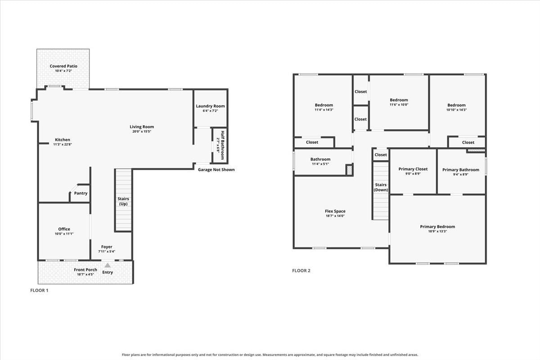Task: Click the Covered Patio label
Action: coord(63,66)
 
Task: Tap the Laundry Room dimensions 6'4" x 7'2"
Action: coord(210,111)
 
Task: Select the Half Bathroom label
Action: coord(222,145)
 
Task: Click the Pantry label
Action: coord(81,193)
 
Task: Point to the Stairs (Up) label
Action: coord(123,201)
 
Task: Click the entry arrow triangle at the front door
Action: coord(108,265)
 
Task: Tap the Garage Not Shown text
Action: coord(216,170)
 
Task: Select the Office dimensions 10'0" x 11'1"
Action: coord(64,234)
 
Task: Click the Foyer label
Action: coord(107,247)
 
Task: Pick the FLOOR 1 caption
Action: coord(39,290)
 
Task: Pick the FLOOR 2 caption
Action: coord(301,270)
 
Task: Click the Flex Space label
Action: coord(335,211)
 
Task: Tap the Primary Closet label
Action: coord(413,169)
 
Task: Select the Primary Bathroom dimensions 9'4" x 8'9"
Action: coord(461,174)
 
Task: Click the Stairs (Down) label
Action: coord(381,187)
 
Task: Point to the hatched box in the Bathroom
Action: coord(349,170)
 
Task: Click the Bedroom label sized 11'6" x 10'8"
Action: coord(399,100)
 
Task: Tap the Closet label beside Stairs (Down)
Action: coord(381,154)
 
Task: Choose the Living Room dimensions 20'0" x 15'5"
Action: coord(142,131)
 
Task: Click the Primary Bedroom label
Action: coord(437,227)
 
